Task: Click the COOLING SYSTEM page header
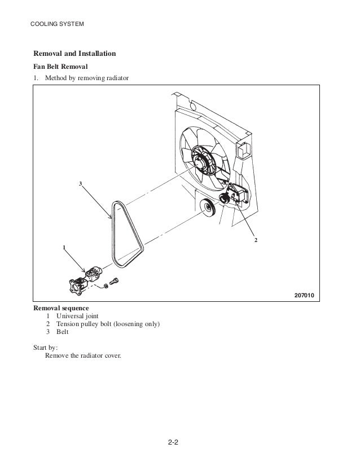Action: pyautogui.click(x=56, y=24)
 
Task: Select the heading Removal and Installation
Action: pyautogui.click(x=74, y=54)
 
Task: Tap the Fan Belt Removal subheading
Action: pyautogui.click(x=62, y=67)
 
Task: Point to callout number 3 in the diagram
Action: pyautogui.click(x=81, y=184)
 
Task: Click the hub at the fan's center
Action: pyautogui.click(x=199, y=159)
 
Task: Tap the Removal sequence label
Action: pyautogui.click(x=61, y=309)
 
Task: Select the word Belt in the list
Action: pyautogui.click(x=63, y=332)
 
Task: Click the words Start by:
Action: pyautogui.click(x=46, y=348)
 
